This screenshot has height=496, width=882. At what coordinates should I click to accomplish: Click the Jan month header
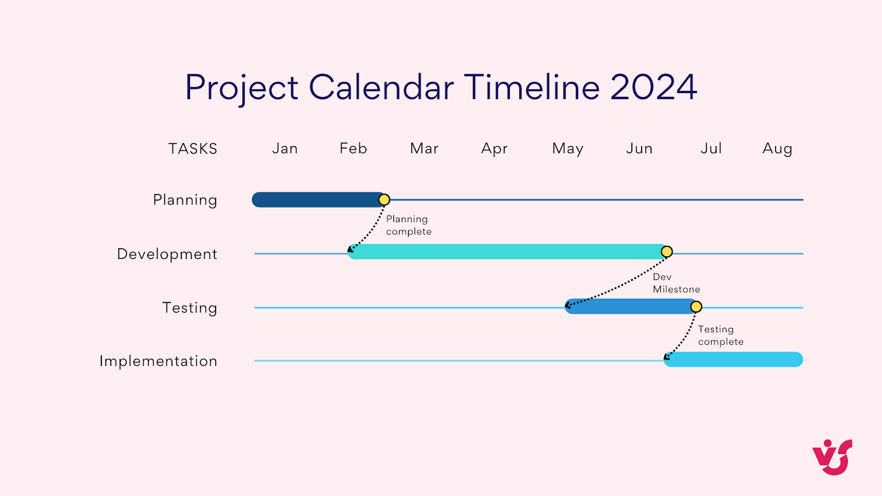point(285,149)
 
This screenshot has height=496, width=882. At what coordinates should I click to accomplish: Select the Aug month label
point(777,149)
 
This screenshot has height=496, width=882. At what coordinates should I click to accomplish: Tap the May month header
point(568,149)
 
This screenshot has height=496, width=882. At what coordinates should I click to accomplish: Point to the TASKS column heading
point(193,149)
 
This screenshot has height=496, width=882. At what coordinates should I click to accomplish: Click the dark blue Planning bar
point(314,200)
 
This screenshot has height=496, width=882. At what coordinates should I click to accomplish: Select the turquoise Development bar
point(507,252)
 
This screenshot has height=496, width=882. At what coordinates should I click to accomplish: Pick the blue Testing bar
point(628,306)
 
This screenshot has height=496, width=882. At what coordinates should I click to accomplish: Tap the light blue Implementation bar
point(733,359)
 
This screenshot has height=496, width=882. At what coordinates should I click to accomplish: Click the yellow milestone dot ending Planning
point(384,200)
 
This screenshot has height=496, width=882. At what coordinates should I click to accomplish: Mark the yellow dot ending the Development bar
point(666,252)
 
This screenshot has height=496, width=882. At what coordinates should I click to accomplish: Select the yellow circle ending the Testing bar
point(696,306)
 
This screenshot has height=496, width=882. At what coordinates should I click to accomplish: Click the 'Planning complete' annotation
point(408,225)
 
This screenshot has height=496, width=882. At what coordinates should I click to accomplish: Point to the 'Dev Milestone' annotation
point(676,283)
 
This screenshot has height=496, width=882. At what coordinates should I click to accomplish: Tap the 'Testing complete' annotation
point(720,335)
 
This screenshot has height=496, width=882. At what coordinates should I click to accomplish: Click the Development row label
point(167,254)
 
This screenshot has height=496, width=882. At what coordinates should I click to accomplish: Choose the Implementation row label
point(158,361)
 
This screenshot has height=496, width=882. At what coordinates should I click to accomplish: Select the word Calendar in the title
point(381,87)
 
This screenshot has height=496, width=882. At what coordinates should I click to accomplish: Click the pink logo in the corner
point(832,457)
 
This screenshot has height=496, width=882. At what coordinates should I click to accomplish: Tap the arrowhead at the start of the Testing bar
point(568,305)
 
